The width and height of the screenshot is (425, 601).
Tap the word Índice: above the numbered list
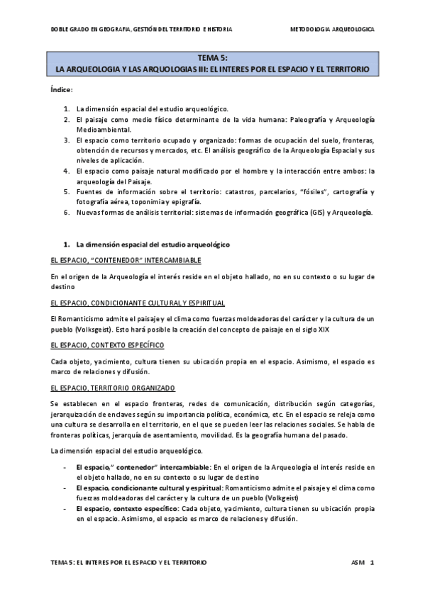pyautogui.click(x=62, y=91)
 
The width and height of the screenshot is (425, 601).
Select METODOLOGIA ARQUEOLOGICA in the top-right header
pyautogui.click(x=333, y=30)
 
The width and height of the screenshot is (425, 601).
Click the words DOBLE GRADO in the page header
pyautogui.click(x=70, y=30)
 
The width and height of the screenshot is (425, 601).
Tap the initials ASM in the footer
pyautogui.click(x=358, y=562)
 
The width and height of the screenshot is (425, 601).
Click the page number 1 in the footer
pyautogui.click(x=372, y=562)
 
